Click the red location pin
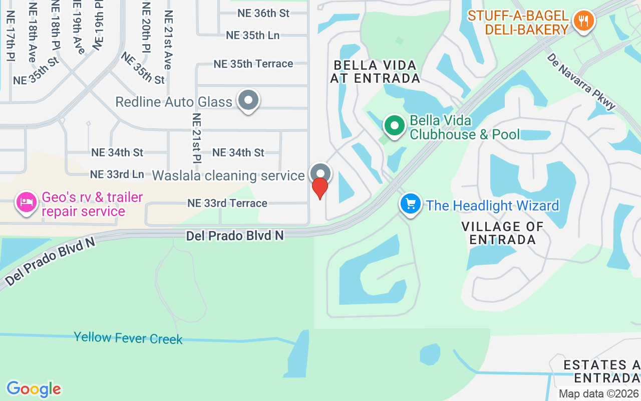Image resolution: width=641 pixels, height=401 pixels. pos(320,188)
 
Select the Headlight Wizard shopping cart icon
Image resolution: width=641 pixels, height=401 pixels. pos(411,204)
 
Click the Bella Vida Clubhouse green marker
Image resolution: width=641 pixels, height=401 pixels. pos(395,125)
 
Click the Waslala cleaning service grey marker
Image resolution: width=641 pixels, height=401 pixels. pos(320,173)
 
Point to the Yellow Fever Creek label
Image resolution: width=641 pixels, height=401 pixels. pos(128,338)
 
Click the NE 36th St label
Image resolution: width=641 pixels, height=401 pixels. pos(263,14)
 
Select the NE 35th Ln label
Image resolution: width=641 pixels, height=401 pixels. pos(252,35)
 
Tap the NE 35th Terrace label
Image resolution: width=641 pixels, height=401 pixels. pos(253,64)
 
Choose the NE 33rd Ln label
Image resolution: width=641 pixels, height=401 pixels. pos(117,174)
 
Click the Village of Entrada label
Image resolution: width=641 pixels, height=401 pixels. pos(502,233)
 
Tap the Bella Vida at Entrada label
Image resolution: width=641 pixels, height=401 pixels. pos(375,72)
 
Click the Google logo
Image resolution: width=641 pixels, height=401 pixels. pos(34,389)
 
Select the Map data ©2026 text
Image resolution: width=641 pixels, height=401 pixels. pos(599,394)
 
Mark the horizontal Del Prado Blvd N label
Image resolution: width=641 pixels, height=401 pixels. pos(234,235)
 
